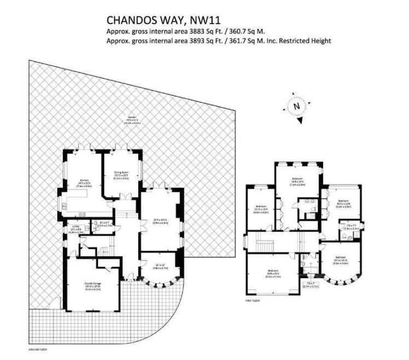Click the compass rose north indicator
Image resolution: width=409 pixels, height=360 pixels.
(x=296, y=106)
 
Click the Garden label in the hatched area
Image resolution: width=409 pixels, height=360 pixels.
(x=131, y=119)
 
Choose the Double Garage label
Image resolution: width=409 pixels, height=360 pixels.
(x=92, y=284)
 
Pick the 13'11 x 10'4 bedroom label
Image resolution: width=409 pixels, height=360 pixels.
(x=261, y=208)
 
